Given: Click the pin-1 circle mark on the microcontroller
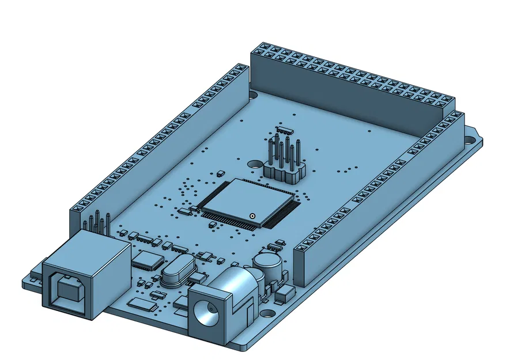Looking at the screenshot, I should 252,216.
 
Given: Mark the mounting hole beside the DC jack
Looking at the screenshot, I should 268,314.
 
